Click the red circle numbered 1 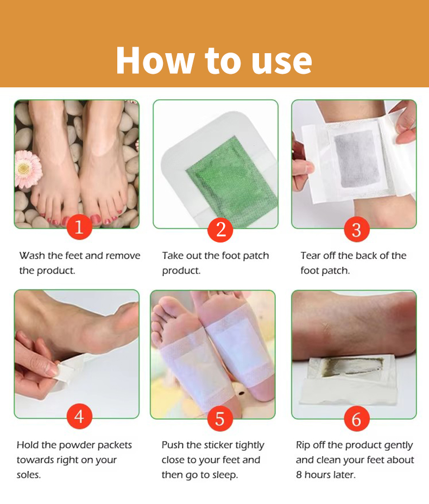click(x=79, y=227)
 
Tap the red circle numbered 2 click(x=220, y=229)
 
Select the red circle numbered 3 click(x=357, y=229)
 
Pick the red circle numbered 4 click(x=79, y=416)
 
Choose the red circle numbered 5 click(x=220, y=418)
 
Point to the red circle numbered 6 click(x=357, y=418)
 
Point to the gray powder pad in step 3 click(x=357, y=159)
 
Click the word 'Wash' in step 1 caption click(x=32, y=256)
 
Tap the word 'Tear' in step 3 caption click(x=311, y=256)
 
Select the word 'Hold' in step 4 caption click(x=28, y=445)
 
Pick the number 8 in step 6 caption click(x=299, y=475)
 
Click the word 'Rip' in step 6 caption click(x=303, y=445)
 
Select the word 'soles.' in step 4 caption click(x=29, y=475)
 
